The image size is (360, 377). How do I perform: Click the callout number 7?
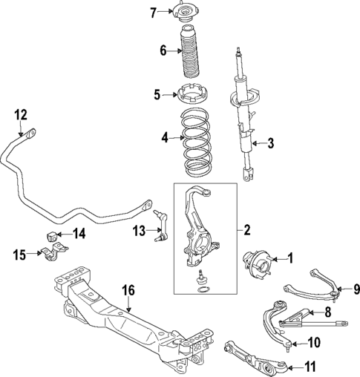(154, 12)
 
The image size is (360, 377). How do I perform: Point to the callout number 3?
(270, 144)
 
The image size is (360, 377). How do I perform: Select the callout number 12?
(20, 114)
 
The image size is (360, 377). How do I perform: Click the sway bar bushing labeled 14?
(53, 236)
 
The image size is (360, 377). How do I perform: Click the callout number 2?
(246, 230)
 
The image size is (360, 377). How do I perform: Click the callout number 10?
(312, 342)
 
